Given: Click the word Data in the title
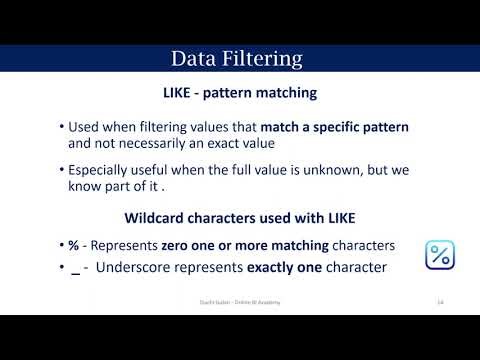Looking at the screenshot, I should tap(194, 58).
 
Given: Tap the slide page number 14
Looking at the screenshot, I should tap(440, 302).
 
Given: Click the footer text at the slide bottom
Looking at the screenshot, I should tap(239, 302).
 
